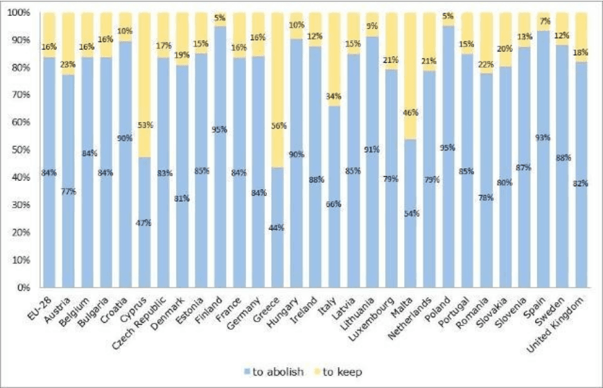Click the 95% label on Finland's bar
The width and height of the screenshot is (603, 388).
coord(220,130)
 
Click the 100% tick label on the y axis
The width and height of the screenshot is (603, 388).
coord(19,13)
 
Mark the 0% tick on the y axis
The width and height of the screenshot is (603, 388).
coord(24,287)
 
